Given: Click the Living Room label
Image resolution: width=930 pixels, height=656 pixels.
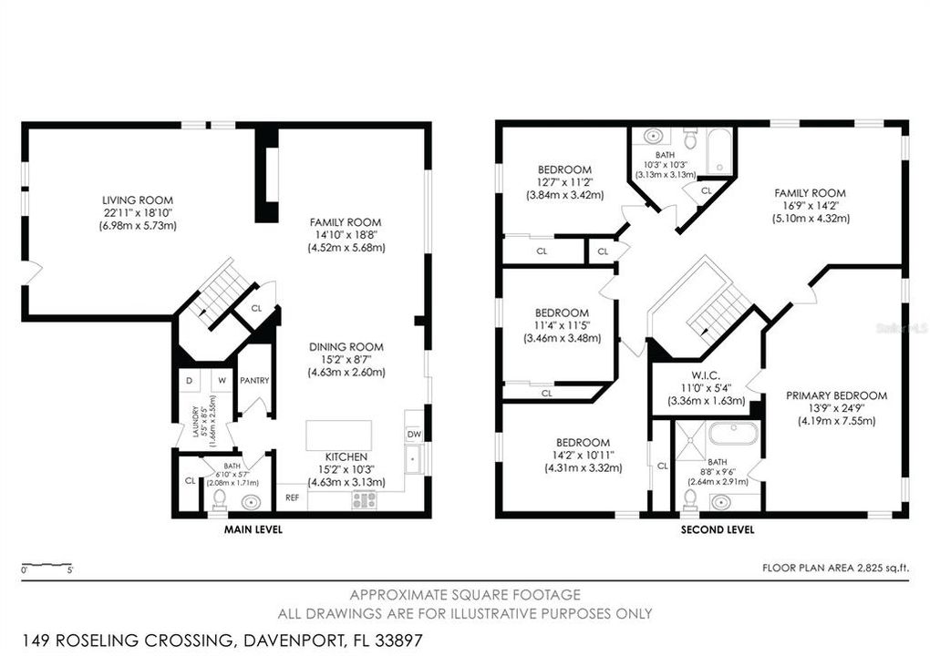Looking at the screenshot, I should pos(138,200).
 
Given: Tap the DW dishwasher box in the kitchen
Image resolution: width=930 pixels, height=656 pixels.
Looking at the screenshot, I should pos(413,435).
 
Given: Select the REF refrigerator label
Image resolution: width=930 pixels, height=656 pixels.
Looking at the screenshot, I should pos(292,497).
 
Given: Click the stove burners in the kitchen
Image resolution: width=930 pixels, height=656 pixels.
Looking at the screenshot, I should pos(365,499).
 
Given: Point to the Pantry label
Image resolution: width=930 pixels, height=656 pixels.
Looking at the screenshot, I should pos(254,380).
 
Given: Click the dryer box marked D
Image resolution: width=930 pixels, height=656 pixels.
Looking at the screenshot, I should pos(189,380).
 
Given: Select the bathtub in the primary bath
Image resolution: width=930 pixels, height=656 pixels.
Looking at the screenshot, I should pos(732,432).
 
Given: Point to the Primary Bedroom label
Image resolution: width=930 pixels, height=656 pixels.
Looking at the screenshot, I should pos(836,395).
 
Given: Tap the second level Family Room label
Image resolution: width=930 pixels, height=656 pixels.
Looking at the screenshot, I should pos(810,193).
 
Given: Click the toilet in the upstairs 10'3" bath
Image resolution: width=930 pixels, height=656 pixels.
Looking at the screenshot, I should pos(690,139).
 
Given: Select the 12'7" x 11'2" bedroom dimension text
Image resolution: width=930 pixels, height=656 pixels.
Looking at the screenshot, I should pos(563,182).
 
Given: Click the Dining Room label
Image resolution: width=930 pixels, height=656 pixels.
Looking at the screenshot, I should pos(346,346).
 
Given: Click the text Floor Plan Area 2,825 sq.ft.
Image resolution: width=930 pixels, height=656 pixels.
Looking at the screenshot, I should pos(834,568).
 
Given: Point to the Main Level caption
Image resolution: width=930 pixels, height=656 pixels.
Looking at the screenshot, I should pos(253,528).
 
